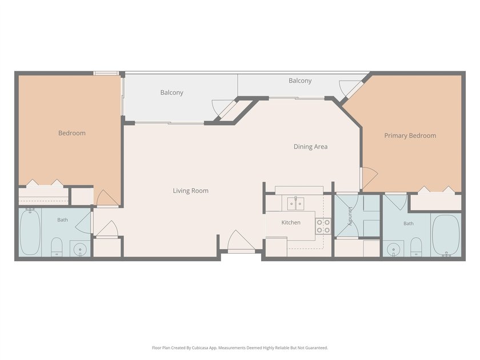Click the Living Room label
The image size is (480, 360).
click(x=190, y=191)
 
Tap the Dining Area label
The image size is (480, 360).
click(x=310, y=147)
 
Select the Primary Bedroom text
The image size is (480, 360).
click(x=410, y=135)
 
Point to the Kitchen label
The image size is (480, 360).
click(x=291, y=222)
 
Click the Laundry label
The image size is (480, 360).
click(x=350, y=217)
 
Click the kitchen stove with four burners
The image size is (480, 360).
click(x=323, y=226)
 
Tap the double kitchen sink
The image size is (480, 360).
click(x=295, y=203)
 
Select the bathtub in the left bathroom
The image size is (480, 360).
click(x=30, y=232)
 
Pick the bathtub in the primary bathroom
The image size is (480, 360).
click(x=446, y=235)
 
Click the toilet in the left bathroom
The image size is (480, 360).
click(x=57, y=247)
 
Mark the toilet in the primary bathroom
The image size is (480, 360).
click(x=416, y=247)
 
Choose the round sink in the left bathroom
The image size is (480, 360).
click(x=80, y=249)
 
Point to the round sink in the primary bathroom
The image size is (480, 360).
click(x=393, y=249)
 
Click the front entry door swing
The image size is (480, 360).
click(x=241, y=241)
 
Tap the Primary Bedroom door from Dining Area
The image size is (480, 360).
click(x=370, y=178)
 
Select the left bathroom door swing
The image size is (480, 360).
click(x=83, y=222)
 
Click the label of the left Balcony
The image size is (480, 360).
click(x=172, y=93)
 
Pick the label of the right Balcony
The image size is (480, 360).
click(x=300, y=81)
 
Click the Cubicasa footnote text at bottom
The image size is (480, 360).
click(x=240, y=348)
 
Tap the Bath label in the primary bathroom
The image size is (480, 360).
click(x=409, y=223)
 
